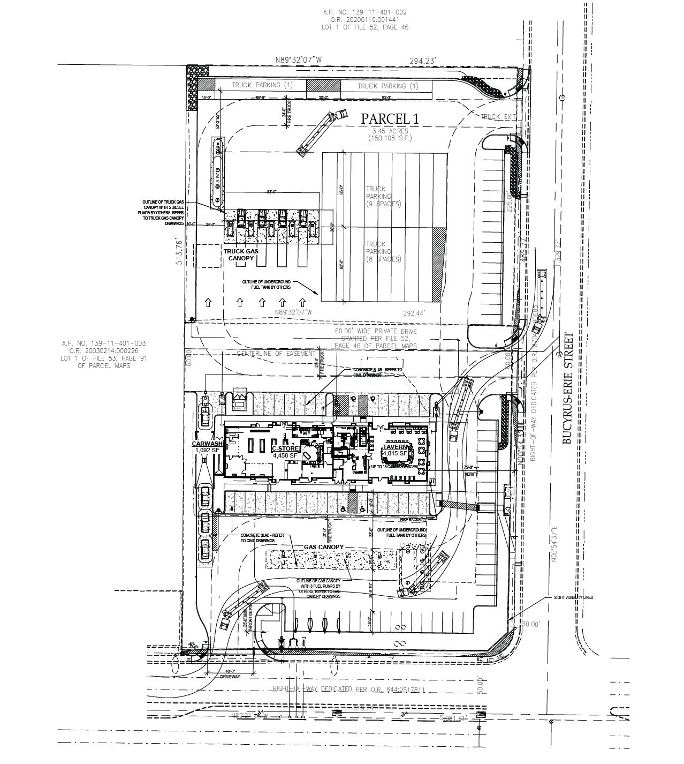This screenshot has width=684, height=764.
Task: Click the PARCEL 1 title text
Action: click(x=390, y=119)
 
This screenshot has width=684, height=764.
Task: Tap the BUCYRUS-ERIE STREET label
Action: click(x=568, y=388)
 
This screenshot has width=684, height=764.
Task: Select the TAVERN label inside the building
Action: click(x=396, y=447)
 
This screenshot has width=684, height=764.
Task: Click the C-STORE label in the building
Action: click(x=285, y=448)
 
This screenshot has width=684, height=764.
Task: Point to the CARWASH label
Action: click(x=207, y=444)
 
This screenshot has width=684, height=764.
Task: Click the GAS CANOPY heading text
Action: click(x=324, y=547)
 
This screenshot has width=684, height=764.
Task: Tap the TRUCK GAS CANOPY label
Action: click(x=241, y=255)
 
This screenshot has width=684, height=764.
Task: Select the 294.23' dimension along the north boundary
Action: click(x=423, y=61)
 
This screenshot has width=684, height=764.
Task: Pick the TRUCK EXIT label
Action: click(x=498, y=117)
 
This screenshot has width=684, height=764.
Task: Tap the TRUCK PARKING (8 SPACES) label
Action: click(x=383, y=251)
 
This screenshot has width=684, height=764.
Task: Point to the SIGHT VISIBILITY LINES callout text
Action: click(x=573, y=597)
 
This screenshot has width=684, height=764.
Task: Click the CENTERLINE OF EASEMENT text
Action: click(x=276, y=354)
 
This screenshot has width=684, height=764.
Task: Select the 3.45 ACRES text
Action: click(x=390, y=131)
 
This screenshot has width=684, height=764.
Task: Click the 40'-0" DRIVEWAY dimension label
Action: click(x=230, y=674)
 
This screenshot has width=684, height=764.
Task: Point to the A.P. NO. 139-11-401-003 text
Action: click(x=104, y=343)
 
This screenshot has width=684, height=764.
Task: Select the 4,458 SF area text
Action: click(x=285, y=455)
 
